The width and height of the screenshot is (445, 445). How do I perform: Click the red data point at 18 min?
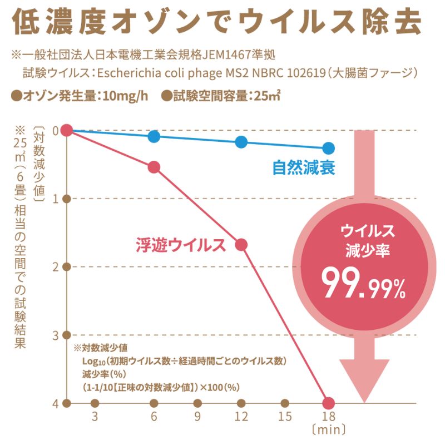click(328, 402)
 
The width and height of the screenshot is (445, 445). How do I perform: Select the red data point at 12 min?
click(241, 245)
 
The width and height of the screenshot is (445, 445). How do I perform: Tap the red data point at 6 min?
click(154, 167)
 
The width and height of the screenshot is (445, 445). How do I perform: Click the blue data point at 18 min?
click(328, 148)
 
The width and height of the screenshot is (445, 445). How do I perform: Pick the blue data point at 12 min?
click(241, 142)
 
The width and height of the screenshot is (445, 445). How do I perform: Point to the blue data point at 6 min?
click(154, 136)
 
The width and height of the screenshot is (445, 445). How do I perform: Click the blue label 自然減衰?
click(303, 167)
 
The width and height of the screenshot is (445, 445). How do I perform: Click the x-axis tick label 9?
click(197, 417)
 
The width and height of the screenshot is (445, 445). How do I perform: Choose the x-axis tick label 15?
click(284, 417)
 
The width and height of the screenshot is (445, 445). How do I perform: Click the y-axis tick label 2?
click(55, 266)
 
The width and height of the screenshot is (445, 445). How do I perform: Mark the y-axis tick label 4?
click(55, 403)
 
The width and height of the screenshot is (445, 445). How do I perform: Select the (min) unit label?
click(329, 429)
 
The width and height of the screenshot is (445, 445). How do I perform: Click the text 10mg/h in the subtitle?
click(125, 96)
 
